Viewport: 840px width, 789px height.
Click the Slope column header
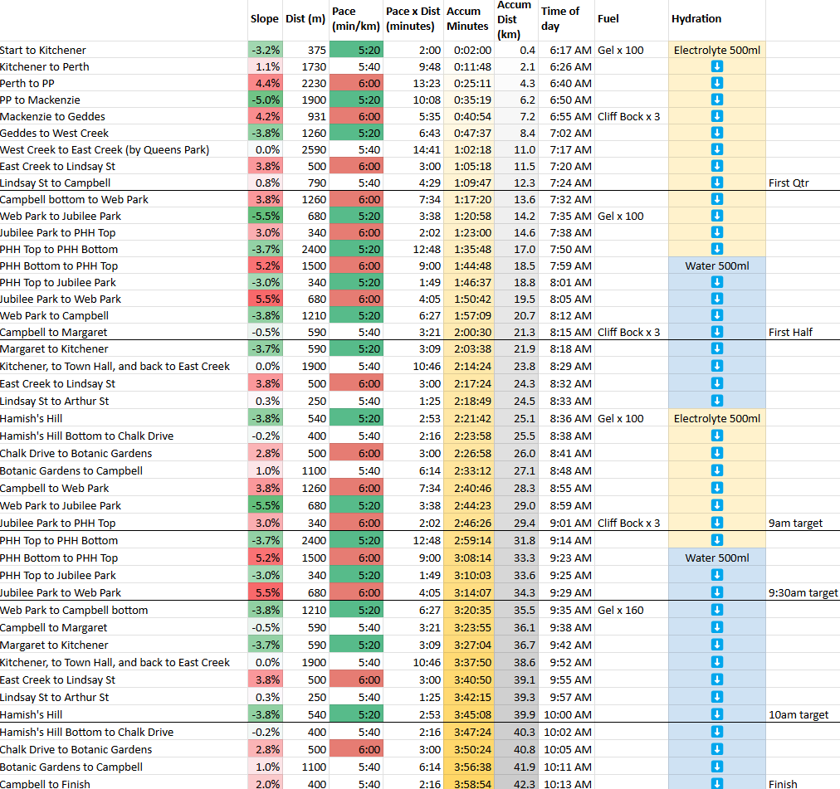tap(265, 18)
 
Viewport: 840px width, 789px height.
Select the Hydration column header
tap(696, 18)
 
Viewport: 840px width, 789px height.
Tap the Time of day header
tap(560, 18)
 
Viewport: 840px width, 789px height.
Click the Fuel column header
tap(608, 18)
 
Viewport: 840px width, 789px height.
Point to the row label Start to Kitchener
tap(43, 50)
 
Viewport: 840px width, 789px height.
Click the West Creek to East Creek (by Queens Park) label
tap(105, 149)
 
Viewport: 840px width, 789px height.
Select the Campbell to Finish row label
tap(45, 783)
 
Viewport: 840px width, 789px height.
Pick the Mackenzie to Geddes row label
tap(52, 116)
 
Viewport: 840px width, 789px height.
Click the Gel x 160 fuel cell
tap(620, 610)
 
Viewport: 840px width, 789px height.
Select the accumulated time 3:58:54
tap(471, 783)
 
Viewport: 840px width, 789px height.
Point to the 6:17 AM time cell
tap(570, 50)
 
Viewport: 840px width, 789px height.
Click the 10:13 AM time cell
tap(568, 783)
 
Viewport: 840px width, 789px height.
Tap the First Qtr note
tap(789, 183)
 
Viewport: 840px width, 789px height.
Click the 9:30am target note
tap(803, 592)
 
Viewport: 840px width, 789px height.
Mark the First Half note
tap(790, 332)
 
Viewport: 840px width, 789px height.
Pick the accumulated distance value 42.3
tap(525, 783)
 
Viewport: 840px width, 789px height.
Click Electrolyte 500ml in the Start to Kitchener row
tap(717, 50)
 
